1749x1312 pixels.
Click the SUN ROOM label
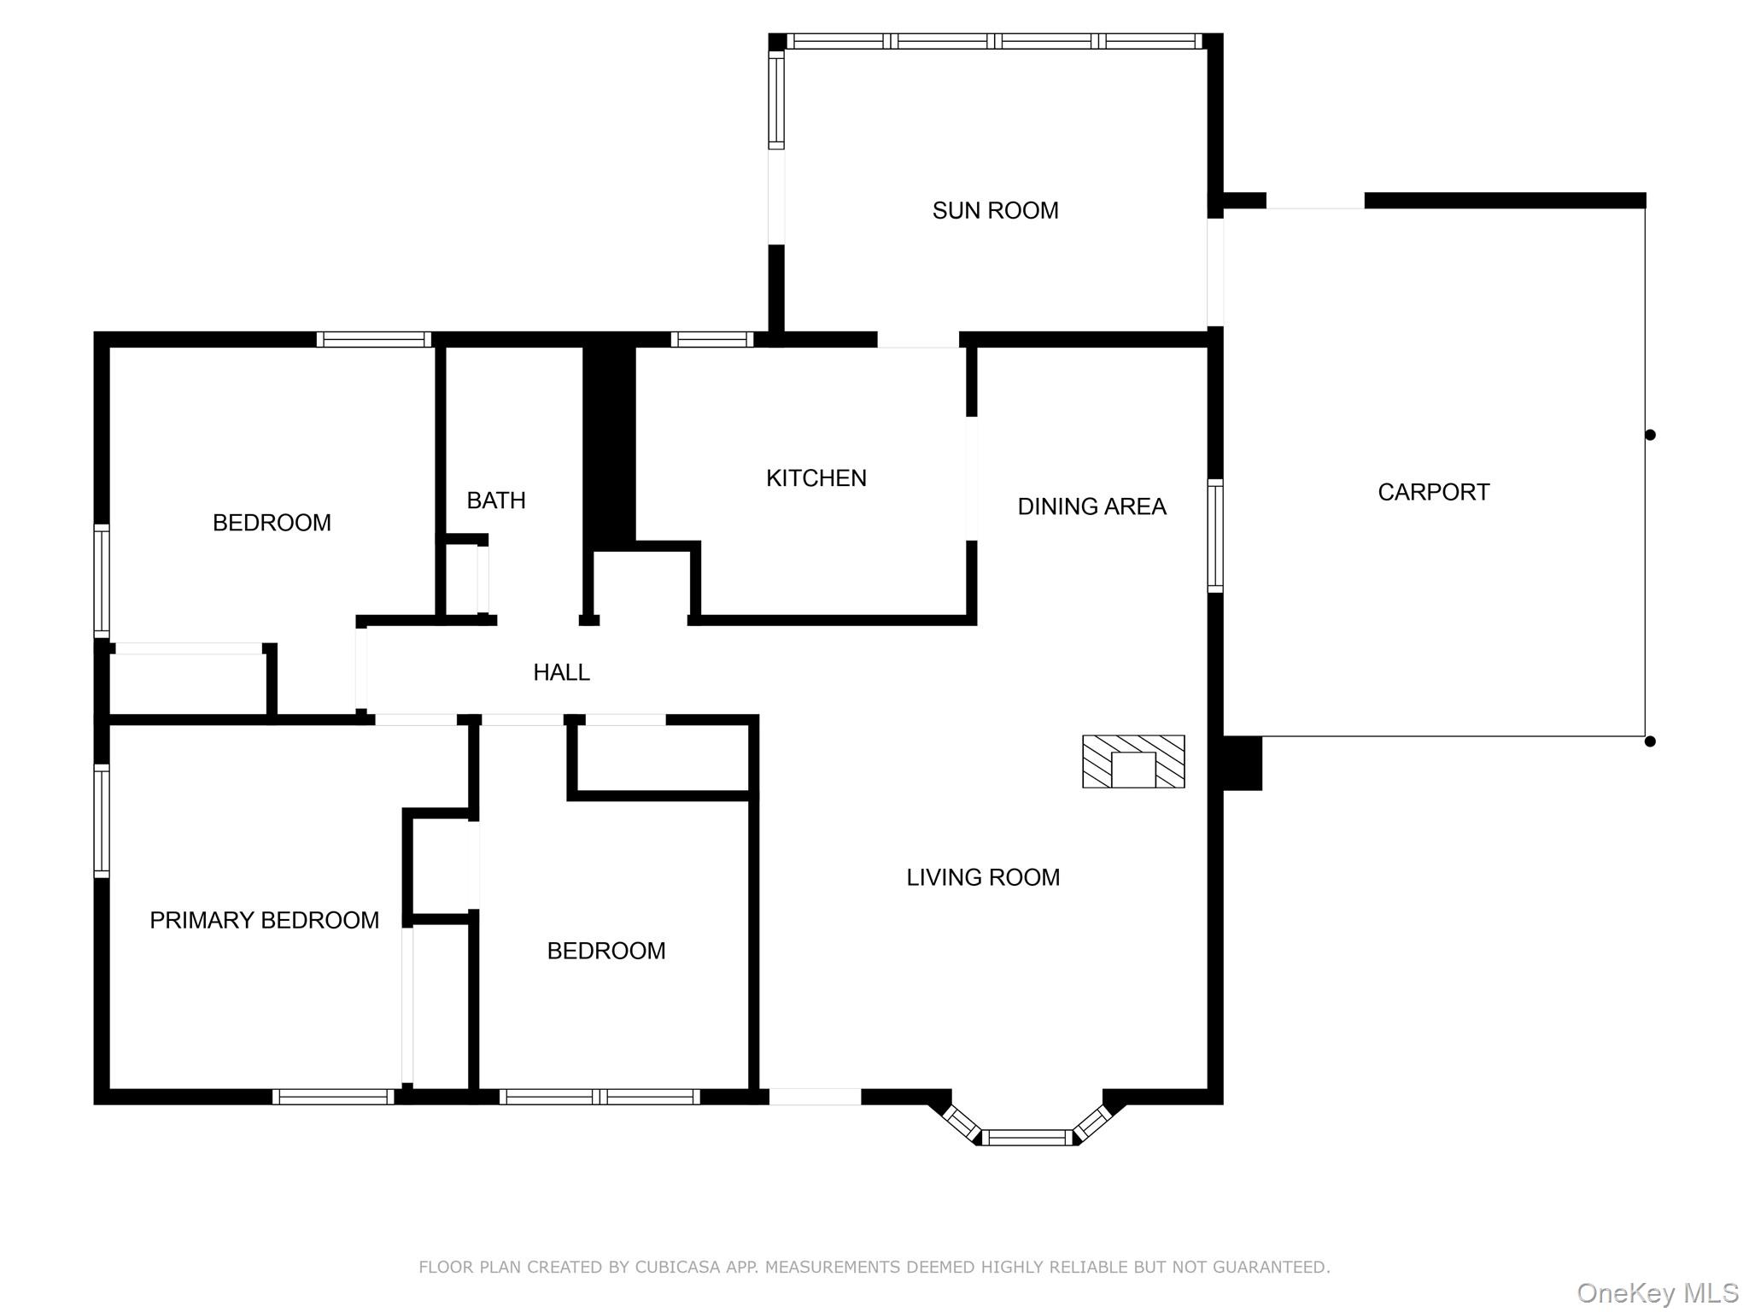click(995, 210)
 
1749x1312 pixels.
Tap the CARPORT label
click(1433, 492)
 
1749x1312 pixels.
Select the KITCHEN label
click(816, 477)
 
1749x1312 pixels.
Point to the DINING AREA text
click(1091, 507)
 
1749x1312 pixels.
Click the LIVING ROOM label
click(982, 877)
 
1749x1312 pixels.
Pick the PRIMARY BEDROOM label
click(264, 920)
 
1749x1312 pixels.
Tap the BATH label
click(495, 501)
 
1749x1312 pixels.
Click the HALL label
click(561, 672)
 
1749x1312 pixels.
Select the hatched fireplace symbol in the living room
click(1133, 761)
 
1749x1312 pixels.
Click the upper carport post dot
click(1650, 435)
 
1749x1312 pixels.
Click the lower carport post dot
click(1650, 741)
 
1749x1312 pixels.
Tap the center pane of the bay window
click(1027, 1137)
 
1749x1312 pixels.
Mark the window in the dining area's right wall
click(1214, 536)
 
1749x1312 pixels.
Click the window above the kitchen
click(711, 339)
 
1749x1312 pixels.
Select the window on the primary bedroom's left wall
click(102, 821)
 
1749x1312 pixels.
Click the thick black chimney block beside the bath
click(609, 444)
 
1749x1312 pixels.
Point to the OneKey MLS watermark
click(1657, 1293)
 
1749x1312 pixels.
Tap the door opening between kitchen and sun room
click(918, 339)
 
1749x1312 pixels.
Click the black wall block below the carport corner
click(1242, 763)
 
